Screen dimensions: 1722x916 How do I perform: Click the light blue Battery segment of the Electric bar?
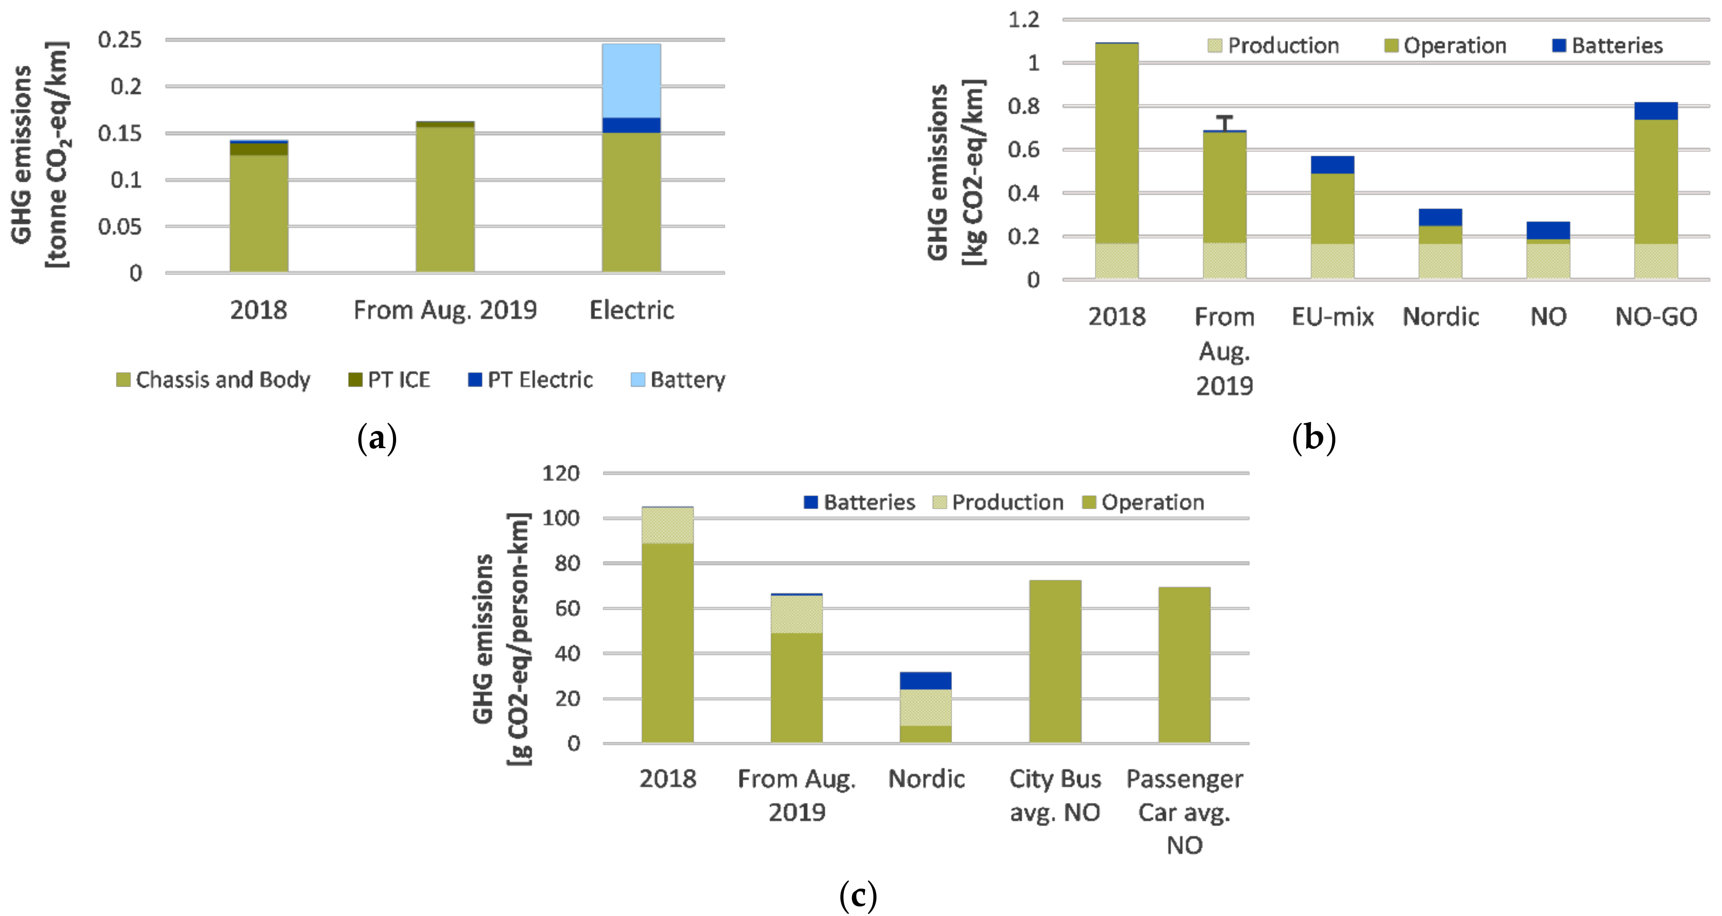pos(631,81)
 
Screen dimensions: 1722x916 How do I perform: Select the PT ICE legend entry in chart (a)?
pos(389,380)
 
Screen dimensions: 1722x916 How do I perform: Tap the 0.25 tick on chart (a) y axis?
pos(120,40)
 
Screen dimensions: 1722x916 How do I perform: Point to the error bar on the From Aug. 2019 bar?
pos(1224,123)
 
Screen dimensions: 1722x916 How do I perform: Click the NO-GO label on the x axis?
pos(1656,316)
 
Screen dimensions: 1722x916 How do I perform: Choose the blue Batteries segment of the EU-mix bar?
pos(1332,165)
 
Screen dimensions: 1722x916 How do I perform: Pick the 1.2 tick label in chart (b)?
pos(1024,19)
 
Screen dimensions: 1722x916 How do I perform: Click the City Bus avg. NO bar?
pos(1055,661)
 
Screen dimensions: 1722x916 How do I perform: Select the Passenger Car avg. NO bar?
pos(1184,665)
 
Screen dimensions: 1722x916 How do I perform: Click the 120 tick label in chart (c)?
pos(560,473)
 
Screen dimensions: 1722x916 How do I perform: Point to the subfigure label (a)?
pos(377,439)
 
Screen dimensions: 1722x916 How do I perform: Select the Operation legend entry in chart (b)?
pos(1445,46)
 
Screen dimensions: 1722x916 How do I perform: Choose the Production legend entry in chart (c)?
pos(998,502)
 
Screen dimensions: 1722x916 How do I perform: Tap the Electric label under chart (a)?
pos(632,310)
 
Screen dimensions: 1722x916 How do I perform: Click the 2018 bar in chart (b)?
pos(1116,160)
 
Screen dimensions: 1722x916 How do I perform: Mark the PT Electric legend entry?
pos(530,380)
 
